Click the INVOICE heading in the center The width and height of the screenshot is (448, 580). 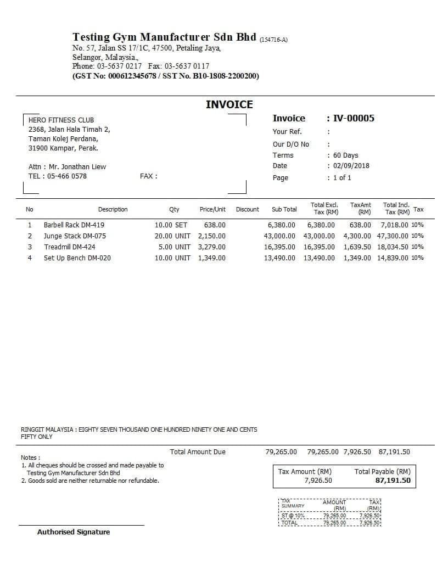coord(229,104)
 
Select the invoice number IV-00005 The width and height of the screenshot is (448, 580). coord(354,118)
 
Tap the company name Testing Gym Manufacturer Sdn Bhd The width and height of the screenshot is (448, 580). coord(164,37)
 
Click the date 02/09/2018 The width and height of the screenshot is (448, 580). coord(351,166)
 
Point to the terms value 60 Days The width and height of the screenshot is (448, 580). coord(345,155)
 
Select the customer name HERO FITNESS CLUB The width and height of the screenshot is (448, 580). coord(61,120)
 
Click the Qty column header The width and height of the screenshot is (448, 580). coord(174,209)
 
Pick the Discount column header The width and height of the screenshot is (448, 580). coord(247,209)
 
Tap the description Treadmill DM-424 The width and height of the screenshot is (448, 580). coord(70,247)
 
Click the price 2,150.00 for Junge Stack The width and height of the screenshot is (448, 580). coord(211,236)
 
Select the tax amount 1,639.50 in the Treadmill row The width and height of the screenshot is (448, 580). coord(357,247)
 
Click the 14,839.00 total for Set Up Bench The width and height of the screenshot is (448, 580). coord(393,258)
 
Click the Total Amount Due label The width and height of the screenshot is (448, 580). coord(198,452)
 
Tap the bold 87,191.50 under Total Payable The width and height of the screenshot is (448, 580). coord(393,480)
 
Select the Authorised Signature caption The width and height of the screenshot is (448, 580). coord(74,532)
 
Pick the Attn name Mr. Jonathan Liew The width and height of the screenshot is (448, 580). coord(77,166)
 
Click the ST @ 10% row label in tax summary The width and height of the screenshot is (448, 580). coord(293,516)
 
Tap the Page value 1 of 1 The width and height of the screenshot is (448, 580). coord(342,178)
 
